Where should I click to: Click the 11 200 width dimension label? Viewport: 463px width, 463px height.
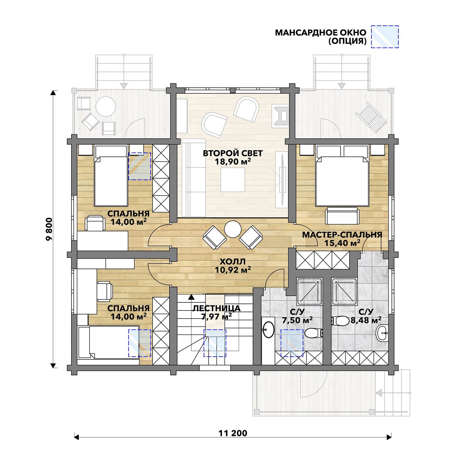[233, 433]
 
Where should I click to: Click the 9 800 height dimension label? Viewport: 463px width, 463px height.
[49, 229]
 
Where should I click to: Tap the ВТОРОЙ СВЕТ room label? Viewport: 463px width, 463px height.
[233, 153]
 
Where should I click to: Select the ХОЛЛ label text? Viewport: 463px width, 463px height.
[233, 262]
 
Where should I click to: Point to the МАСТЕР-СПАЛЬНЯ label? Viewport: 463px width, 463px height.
[342, 235]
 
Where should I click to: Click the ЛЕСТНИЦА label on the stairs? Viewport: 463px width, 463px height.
[216, 308]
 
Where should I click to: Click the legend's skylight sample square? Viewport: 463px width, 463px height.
[385, 37]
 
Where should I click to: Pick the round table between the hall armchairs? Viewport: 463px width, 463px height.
[233, 229]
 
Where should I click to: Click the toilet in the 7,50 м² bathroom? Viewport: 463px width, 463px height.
[314, 333]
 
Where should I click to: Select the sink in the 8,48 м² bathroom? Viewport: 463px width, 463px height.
[382, 333]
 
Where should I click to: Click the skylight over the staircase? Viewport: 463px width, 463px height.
[215, 343]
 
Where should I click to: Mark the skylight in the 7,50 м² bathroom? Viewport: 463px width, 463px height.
[292, 343]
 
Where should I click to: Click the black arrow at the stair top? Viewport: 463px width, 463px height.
[191, 297]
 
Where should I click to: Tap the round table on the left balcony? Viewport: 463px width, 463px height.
[106, 106]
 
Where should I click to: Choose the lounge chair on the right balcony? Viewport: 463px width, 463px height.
[371, 117]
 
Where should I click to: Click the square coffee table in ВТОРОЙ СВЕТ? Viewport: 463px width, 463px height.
[233, 180]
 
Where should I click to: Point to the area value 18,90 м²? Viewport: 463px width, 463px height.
[233, 162]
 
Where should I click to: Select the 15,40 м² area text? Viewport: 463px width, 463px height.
[342, 243]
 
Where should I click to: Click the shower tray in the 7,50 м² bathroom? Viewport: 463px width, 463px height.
[309, 291]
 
